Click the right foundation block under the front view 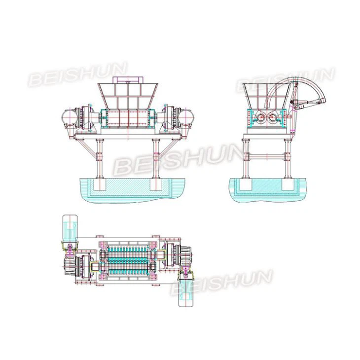pos(157,185)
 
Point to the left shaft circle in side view pos(259,119)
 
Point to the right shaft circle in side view pos(273,119)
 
